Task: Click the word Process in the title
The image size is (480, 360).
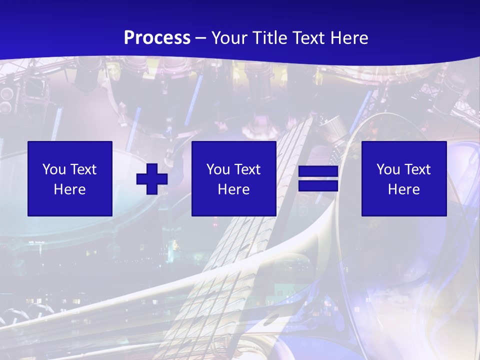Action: click(157, 38)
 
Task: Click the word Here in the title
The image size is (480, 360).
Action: click(350, 38)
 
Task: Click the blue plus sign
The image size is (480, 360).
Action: click(152, 179)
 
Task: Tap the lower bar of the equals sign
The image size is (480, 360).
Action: click(318, 186)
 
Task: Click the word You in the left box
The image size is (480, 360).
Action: click(53, 169)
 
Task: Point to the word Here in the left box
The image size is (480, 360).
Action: click(70, 189)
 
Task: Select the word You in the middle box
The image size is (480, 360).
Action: click(217, 169)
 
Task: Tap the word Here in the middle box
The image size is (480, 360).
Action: click(234, 189)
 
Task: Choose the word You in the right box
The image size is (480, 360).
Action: click(387, 169)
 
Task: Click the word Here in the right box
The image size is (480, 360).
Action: click(404, 189)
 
